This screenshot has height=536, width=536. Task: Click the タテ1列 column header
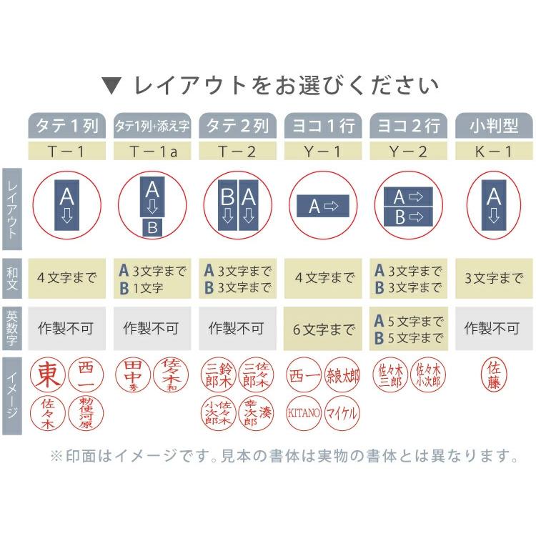click(66, 126)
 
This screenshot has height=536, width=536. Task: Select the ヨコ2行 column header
click(407, 126)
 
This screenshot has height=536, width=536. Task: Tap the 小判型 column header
click(493, 126)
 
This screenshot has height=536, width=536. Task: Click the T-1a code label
click(152, 151)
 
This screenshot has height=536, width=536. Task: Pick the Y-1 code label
click(322, 151)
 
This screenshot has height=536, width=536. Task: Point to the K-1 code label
click(493, 151)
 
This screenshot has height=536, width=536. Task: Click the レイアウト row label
click(11, 204)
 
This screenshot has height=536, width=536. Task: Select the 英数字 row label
click(11, 328)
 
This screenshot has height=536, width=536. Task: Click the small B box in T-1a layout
click(152, 228)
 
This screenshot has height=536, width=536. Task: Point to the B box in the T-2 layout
click(227, 206)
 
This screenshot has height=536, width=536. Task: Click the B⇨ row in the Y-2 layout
click(408, 217)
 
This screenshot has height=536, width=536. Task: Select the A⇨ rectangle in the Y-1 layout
click(322, 207)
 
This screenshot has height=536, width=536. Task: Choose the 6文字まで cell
click(322, 329)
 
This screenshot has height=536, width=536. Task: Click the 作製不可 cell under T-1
click(66, 329)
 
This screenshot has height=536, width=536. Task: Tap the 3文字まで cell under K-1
click(493, 278)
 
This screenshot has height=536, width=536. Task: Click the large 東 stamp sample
click(49, 373)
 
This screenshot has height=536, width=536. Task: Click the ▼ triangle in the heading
click(112, 86)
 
